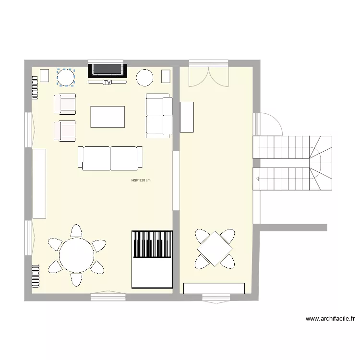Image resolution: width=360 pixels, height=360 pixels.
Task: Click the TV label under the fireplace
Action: pos(108,83)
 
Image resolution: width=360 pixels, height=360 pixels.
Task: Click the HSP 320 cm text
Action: pos(141,181)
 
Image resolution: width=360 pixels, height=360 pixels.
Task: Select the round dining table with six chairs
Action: pos(76,255)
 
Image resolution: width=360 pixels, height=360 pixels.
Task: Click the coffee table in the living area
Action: pos(108,117)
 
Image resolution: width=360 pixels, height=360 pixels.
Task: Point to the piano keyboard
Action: pos(152,244)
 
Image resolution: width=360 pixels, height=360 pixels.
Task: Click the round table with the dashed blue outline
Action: pos(66,77)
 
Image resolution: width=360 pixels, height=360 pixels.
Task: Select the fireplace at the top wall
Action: pos(108,70)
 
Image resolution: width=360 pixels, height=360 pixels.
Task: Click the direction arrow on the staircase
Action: pos(258,179)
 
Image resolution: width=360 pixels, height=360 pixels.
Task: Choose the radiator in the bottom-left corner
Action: pos(36,276)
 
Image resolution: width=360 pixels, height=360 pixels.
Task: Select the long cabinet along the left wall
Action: pos(39,183)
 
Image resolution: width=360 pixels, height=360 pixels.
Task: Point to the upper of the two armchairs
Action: pos(65,104)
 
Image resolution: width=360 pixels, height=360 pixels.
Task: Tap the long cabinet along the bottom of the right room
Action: pos(214,288)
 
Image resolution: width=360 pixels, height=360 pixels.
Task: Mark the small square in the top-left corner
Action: pos(44,76)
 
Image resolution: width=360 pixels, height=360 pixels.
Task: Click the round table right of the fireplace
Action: pos(144,77)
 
